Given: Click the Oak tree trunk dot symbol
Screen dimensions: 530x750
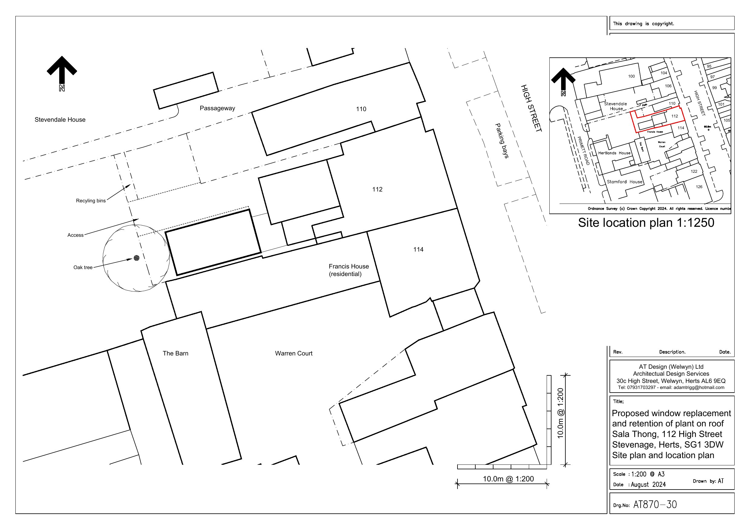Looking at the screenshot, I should point(137,258).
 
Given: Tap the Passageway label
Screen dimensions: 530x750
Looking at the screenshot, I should point(217,108).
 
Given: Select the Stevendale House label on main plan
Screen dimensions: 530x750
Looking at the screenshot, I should point(60,120).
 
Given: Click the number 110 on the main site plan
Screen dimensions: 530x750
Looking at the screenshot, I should point(361,109).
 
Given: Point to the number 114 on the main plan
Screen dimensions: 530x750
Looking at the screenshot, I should point(418,249).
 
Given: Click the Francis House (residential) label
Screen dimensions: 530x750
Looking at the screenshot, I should point(348,270).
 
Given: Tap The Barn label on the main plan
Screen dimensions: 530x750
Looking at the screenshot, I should point(176,353).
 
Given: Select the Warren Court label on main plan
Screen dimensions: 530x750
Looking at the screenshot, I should point(294,353).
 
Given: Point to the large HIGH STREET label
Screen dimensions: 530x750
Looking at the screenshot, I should point(531,108).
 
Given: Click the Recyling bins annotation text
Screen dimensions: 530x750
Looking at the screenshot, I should point(91,201).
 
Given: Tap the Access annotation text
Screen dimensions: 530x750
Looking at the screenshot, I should point(76,235).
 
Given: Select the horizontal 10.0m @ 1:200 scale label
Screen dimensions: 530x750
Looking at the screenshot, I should point(508,479).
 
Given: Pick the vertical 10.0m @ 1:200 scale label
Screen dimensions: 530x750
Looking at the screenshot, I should point(561,413).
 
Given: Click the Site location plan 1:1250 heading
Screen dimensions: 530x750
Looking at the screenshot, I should point(646,223).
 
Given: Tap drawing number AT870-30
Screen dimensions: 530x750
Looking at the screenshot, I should point(655,505).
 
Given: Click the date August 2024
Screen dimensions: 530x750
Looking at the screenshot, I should point(648,485).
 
